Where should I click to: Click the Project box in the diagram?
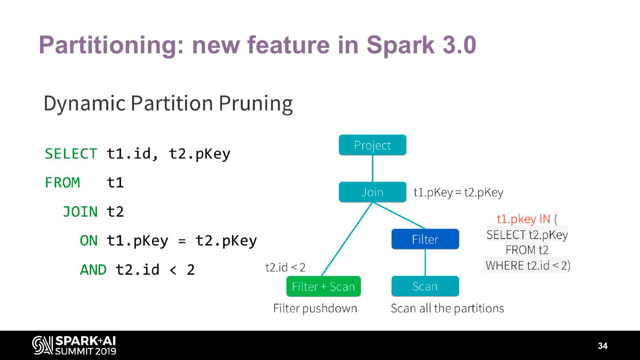pyautogui.click(x=372, y=145)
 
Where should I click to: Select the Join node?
pyautogui.click(x=372, y=192)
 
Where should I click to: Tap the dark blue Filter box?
pyautogui.click(x=425, y=239)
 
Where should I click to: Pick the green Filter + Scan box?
pyautogui.click(x=324, y=287)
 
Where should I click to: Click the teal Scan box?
pyautogui.click(x=425, y=286)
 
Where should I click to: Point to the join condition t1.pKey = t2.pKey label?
pyautogui.click(x=458, y=192)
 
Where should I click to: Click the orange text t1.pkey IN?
pyautogui.click(x=523, y=219)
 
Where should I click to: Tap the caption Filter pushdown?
pyautogui.click(x=315, y=308)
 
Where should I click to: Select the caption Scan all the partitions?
pyautogui.click(x=447, y=308)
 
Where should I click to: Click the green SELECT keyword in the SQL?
pyautogui.click(x=71, y=154)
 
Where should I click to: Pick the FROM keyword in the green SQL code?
pyautogui.click(x=62, y=183)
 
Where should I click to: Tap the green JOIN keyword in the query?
pyautogui.click(x=80, y=212)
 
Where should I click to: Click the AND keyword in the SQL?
pyautogui.click(x=93, y=270)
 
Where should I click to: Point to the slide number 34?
pyautogui.click(x=603, y=346)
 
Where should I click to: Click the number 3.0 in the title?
pyautogui.click(x=458, y=45)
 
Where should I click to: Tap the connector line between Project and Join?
pyautogui.click(x=372, y=168)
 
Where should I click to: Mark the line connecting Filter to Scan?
pyautogui.click(x=425, y=262)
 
